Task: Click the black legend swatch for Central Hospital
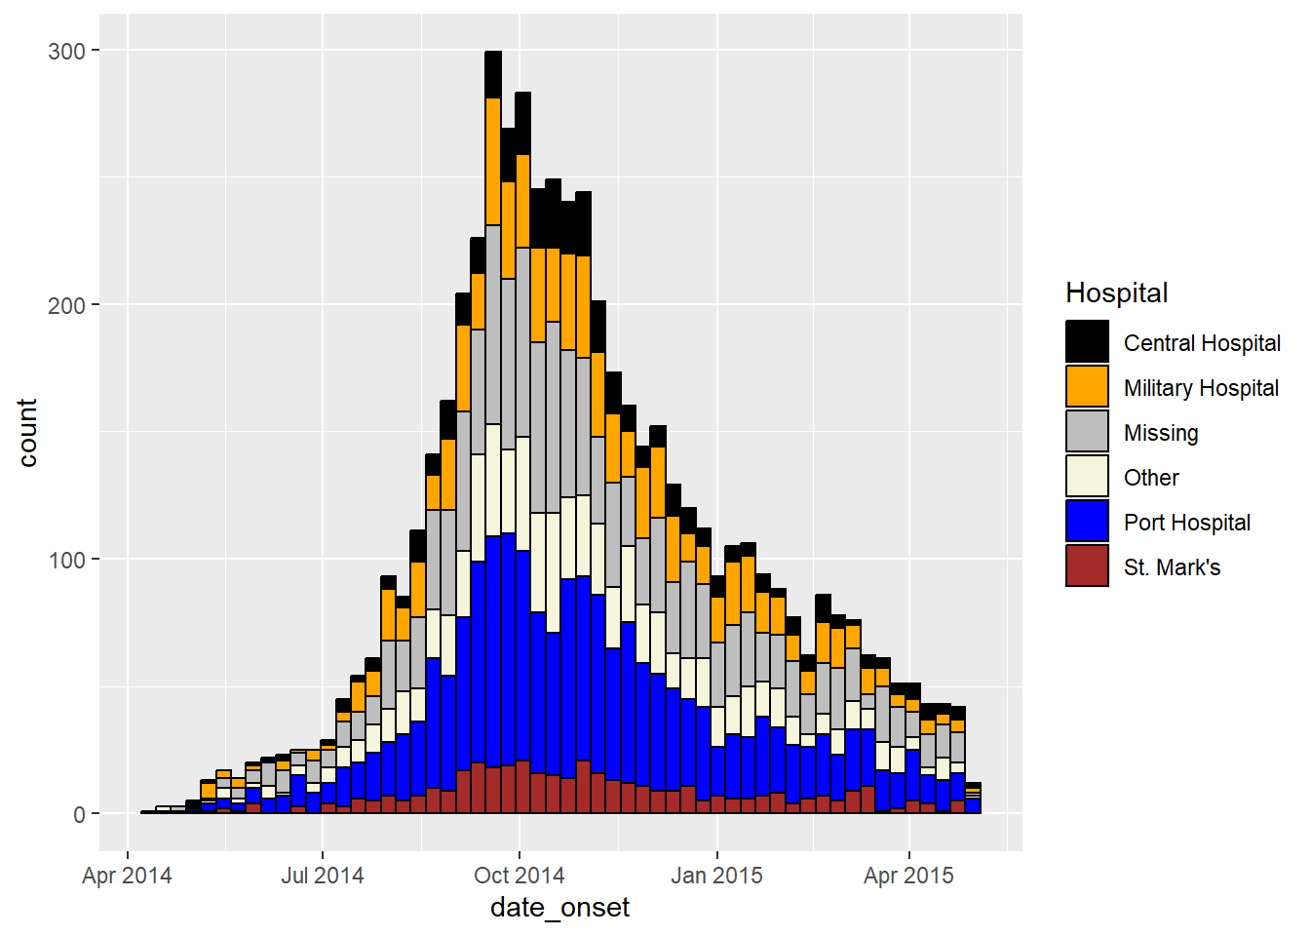(x=1087, y=341)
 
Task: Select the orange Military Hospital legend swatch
(x=1087, y=386)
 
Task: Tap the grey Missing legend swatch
(x=1087, y=431)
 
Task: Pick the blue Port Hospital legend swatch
(x=1087, y=521)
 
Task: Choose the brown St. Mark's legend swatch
(x=1087, y=565)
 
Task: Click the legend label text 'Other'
(x=1151, y=478)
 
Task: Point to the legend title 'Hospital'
(x=1116, y=292)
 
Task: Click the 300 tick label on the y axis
(x=66, y=51)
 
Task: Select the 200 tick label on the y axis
(x=66, y=305)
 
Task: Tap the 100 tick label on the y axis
(x=66, y=560)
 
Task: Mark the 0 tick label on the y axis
(x=80, y=814)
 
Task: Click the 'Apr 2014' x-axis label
(x=127, y=876)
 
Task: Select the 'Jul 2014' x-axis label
(x=323, y=876)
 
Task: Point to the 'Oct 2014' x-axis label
(x=519, y=876)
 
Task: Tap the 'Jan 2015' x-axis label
(x=716, y=876)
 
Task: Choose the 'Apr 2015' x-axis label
(x=908, y=876)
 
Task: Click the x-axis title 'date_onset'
(x=559, y=909)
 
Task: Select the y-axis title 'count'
(x=27, y=433)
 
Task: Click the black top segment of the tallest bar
(x=493, y=74)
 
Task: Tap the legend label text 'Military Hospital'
(x=1201, y=388)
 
